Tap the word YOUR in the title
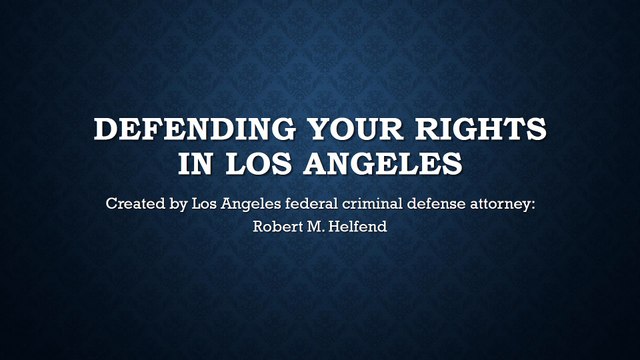point(330,131)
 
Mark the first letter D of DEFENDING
point(103,131)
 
